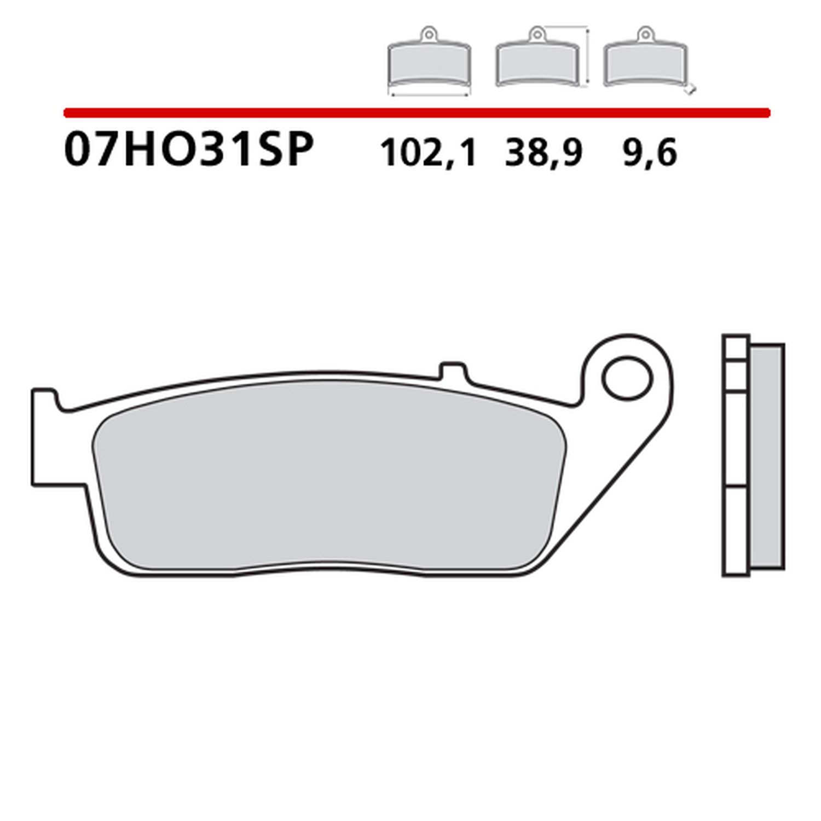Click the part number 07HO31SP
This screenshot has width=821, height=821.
pos(189,149)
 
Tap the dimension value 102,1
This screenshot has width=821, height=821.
pos(429,153)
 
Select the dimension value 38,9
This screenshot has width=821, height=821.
pos(544,153)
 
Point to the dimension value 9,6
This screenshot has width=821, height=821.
pos(650,153)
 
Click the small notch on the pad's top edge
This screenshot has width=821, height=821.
pos(454,370)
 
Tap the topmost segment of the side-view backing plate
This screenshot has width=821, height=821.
pos(736,347)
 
